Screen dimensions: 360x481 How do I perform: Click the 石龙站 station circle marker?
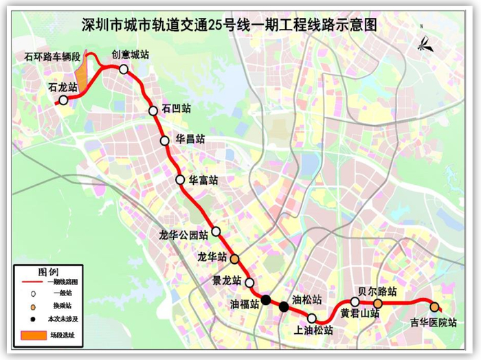point(63,100)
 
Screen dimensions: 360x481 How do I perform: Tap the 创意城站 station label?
point(131,55)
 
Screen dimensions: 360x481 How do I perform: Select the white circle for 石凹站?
point(153,111)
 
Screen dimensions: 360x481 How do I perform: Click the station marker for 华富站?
point(180,180)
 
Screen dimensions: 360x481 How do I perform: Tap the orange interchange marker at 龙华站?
point(234,260)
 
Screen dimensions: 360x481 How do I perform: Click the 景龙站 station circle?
point(249,282)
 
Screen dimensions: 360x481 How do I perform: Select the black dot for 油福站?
point(266,300)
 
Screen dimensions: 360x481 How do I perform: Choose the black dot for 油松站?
point(284,306)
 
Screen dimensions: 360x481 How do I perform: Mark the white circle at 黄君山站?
point(355,302)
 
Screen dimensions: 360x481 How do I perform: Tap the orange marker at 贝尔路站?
point(377,303)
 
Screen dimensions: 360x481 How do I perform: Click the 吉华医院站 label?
point(433,322)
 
